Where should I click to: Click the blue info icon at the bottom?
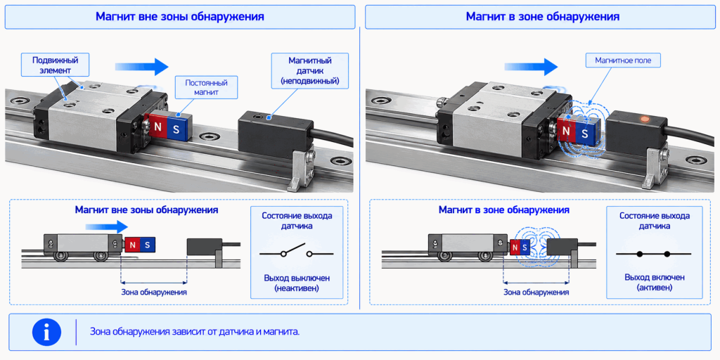tap(47, 332)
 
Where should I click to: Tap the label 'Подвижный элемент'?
tap(55, 65)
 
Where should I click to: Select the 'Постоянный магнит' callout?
tap(206, 87)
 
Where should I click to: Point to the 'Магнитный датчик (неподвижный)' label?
tap(310, 71)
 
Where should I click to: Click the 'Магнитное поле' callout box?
tap(622, 60)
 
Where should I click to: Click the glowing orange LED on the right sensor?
tap(645, 120)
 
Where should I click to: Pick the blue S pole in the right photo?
tap(584, 133)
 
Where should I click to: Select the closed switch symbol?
tap(653, 253)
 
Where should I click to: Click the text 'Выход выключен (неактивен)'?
tap(297, 283)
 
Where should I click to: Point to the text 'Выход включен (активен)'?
tap(655, 283)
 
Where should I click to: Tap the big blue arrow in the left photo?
tap(142, 67)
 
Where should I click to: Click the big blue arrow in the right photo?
tap(532, 66)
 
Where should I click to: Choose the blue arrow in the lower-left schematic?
tap(107, 226)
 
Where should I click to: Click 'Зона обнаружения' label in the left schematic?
tap(154, 292)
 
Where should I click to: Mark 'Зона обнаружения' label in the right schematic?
tap(536, 292)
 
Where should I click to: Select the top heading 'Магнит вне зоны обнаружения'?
tap(179, 17)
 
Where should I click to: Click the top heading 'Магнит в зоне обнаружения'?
tap(543, 17)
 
